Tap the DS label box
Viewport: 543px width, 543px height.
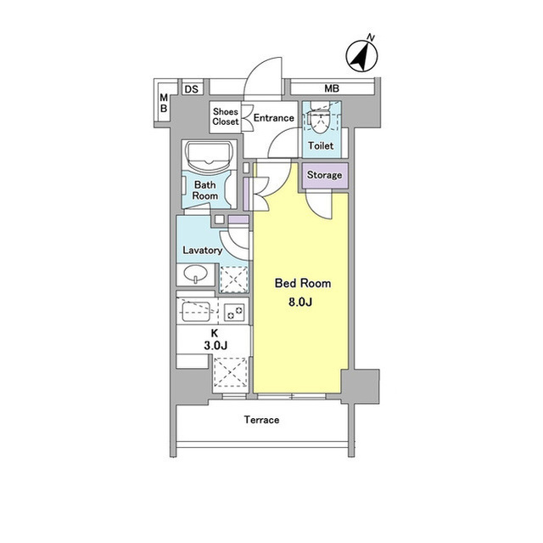coord(192,89)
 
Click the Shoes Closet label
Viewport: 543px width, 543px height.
coord(226,116)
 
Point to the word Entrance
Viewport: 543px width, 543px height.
coord(273,118)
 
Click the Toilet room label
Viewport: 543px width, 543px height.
coord(321,145)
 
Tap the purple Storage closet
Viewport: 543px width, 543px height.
coord(324,175)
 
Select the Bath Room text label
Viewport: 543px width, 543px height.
coord(205,190)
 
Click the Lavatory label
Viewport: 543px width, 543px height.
coord(202,250)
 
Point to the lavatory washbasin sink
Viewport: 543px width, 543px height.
coord(195,274)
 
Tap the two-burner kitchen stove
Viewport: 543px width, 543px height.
coord(235,311)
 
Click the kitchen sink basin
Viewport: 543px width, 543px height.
coord(196,311)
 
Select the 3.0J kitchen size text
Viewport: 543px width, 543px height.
coord(216,345)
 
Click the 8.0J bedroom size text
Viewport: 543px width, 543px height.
coord(300,302)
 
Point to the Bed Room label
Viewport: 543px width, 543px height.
coord(303,283)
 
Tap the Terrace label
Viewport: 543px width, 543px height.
coord(261,420)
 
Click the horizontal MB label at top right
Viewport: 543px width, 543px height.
coord(332,88)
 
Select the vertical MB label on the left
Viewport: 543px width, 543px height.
coord(164,103)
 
